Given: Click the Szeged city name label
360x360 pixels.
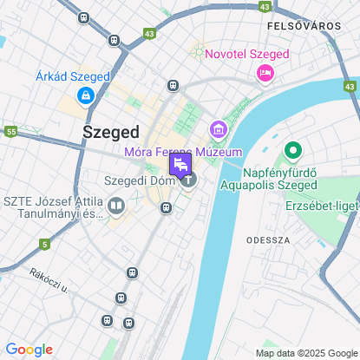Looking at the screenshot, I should [x=110, y=132].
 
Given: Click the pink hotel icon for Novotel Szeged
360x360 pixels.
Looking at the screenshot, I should [x=264, y=75].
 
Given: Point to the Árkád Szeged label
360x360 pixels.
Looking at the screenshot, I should [x=73, y=76].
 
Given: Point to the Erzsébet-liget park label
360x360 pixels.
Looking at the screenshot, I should [x=322, y=206].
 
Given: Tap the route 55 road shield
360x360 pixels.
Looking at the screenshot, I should [x=10, y=132].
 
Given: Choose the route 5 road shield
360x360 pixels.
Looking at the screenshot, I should [x=44, y=245].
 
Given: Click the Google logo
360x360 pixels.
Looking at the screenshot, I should [x=28, y=350].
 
